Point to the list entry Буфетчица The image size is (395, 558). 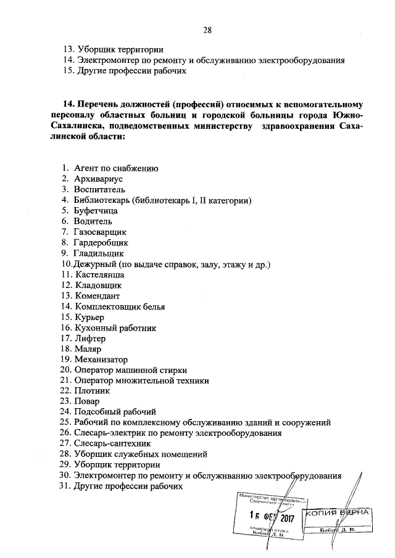click(97, 210)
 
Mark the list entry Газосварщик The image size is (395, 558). click(100, 232)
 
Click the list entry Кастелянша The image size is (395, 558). click(99, 274)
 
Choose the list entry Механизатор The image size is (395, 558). click(101, 359)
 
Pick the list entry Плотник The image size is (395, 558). click(93, 391)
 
